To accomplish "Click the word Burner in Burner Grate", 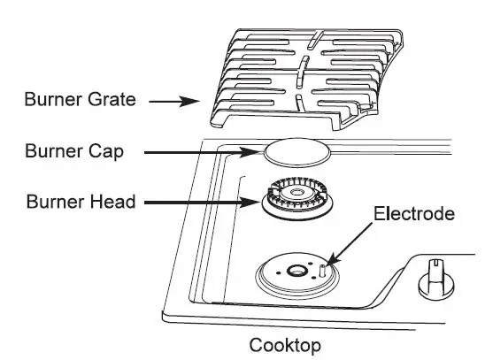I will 50,101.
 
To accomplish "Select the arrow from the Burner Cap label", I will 204,152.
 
